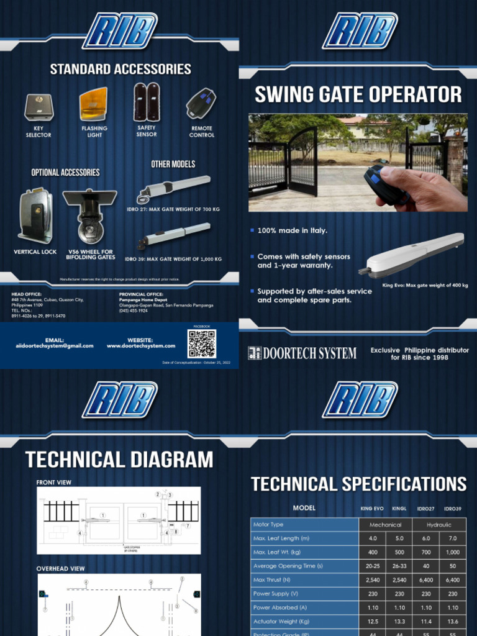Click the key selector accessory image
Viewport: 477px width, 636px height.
39,107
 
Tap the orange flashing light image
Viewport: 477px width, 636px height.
93,104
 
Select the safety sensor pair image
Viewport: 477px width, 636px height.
147,102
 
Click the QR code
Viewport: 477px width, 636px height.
202,343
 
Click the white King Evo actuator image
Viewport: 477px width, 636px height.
412,255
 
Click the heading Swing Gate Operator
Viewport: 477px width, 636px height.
358,94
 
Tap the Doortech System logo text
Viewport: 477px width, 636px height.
302,353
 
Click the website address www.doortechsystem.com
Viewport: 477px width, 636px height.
141,346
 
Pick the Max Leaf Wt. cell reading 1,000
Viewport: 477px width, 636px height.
452,552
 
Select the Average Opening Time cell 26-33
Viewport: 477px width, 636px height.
399,566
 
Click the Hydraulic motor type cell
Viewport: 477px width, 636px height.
439,525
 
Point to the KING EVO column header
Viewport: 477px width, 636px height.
372,509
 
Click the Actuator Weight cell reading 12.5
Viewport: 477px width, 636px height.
373,621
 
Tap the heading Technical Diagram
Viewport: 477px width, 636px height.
119,460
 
